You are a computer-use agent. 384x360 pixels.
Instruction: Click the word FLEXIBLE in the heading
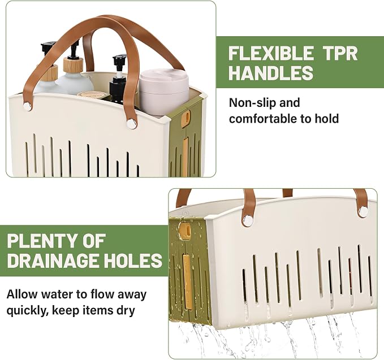pos(271,53)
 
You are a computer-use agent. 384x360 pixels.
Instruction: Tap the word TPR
pos(340,53)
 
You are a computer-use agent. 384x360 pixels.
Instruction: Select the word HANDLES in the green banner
pos(271,72)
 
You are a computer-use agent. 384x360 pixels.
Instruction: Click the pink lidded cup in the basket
pos(164,89)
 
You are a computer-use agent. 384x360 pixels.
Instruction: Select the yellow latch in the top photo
pos(187,117)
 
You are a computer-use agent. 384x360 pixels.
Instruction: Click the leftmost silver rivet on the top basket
pos(27,106)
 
